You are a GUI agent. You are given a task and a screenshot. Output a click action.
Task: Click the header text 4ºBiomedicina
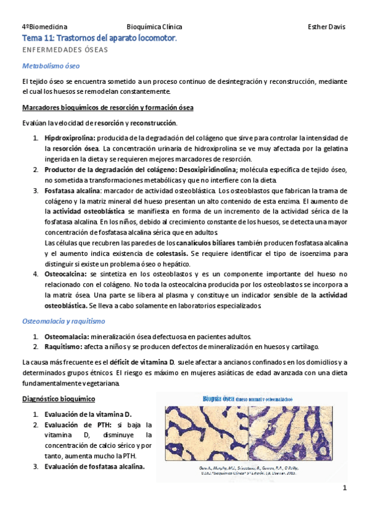pos(44,27)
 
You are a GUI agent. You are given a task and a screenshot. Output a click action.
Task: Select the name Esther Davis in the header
pos(326,27)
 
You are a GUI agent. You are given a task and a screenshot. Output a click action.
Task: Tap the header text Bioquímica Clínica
pos(154,27)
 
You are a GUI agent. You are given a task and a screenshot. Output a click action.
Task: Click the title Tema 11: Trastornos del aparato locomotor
pos(99,38)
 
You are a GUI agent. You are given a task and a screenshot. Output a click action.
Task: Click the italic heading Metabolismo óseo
pos(51,65)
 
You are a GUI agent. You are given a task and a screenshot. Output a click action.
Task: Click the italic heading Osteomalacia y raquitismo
pos(64,321)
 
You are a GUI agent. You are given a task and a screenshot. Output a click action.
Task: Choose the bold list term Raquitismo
pos(65,347)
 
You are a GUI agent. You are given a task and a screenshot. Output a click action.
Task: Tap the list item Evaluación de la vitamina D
pos(92,414)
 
